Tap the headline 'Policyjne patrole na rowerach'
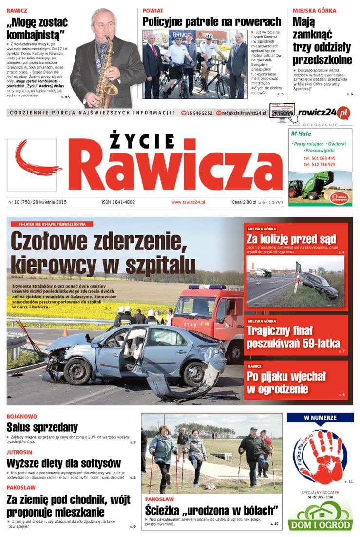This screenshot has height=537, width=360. tap(211, 21)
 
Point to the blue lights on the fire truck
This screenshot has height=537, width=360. tap(207, 287)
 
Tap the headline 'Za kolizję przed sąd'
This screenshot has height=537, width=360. tap(291, 239)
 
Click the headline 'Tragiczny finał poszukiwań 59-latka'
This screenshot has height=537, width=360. tap(293, 337)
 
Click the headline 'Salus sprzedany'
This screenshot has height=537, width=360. tap(42, 427)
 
